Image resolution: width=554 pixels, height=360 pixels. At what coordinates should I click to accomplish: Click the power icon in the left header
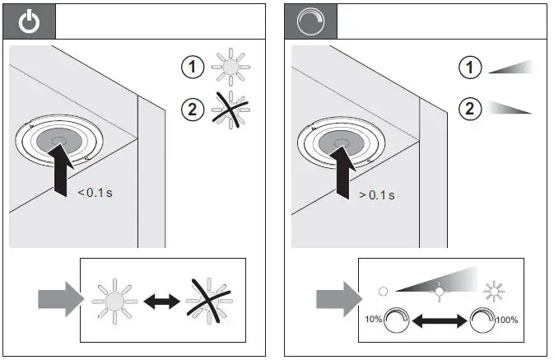(x=30, y=21)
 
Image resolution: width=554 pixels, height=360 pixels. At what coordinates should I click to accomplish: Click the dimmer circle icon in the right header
(x=307, y=21)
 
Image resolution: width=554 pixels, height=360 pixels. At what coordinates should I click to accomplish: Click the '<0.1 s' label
(x=96, y=193)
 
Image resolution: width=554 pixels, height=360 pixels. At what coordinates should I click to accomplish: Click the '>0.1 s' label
(x=376, y=194)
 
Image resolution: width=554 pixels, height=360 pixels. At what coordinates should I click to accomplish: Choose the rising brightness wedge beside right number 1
(x=510, y=68)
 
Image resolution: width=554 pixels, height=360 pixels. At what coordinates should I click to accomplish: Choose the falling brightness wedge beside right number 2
(x=510, y=108)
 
